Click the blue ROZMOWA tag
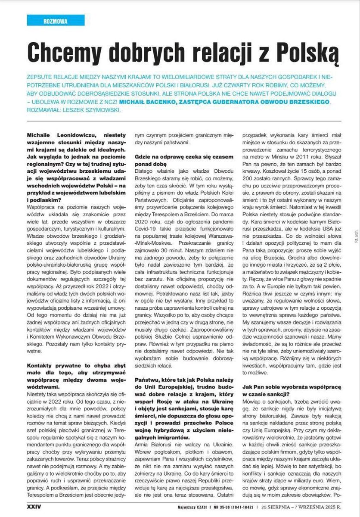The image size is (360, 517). [50, 21]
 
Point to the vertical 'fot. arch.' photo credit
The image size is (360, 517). [354, 224]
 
